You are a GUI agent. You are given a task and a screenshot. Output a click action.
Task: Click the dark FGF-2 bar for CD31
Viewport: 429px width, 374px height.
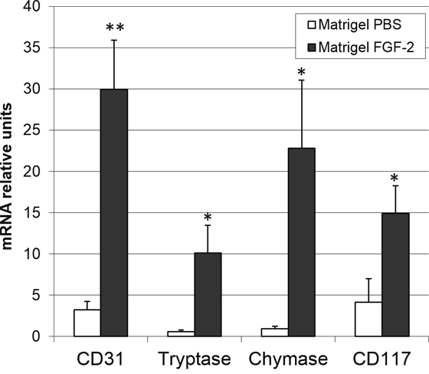coord(114,213)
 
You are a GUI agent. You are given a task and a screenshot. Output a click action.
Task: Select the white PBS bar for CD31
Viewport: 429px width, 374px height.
coord(87,323)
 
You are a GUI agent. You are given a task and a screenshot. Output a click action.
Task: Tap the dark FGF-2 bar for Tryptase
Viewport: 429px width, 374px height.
coord(208,294)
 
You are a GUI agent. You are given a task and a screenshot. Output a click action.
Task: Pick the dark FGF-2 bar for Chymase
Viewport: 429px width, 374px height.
coord(302,242)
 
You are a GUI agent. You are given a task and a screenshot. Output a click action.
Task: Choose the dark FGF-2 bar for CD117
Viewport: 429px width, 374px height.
coord(395,274)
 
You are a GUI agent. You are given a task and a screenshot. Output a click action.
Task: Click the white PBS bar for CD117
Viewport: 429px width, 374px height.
coord(368,320)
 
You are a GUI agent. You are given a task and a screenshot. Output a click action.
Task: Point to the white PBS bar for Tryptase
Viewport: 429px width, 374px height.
coord(181,333)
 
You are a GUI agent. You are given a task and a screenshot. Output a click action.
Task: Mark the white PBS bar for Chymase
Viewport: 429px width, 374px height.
coord(275,333)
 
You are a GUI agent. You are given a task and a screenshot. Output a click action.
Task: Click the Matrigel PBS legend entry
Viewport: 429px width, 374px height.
coord(355,25)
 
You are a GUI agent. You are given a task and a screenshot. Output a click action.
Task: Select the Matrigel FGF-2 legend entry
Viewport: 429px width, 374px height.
coord(361,48)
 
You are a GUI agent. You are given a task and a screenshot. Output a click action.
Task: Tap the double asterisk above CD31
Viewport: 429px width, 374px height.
coord(115,28)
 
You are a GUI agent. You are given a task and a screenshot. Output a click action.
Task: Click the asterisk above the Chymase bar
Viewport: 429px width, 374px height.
coord(302,72)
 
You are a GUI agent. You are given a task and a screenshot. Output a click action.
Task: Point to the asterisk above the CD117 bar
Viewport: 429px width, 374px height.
coord(395,179)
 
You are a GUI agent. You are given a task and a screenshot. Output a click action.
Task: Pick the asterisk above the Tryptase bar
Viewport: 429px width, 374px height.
coord(208,217)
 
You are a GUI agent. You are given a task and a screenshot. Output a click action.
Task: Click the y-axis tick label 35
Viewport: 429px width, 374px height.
coord(31,48)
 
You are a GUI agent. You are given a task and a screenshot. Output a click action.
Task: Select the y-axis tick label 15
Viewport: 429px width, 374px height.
coord(31,213)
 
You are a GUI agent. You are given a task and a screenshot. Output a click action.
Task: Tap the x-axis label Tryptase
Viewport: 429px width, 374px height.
coord(195,359)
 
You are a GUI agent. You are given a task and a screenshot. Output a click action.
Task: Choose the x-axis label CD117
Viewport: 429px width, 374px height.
coord(382,359)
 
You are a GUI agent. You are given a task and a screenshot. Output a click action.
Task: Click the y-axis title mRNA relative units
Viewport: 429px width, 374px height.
coord(7,176)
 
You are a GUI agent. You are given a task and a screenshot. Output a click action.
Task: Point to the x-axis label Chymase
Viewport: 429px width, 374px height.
coord(288,359)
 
